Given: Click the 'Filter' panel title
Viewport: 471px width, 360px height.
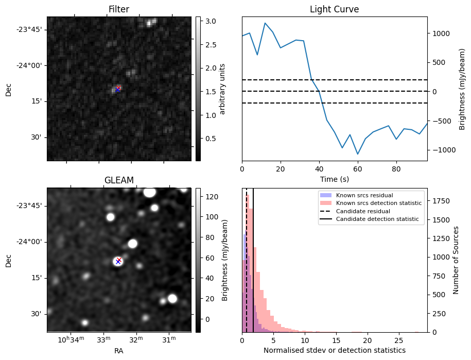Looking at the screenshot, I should pos(119,9).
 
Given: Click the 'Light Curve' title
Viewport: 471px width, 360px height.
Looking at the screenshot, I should pos(334,9).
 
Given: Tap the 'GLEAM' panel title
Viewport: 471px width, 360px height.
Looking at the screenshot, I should pos(119,180).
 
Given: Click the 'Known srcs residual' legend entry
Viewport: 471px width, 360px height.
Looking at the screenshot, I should pos(364,195).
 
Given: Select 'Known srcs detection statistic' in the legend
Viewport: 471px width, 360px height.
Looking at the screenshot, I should pos(378,203).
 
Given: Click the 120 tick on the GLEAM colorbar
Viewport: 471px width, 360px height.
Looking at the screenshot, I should pos(211,197).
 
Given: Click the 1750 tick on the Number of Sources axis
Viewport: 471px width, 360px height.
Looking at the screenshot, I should pos(442,201).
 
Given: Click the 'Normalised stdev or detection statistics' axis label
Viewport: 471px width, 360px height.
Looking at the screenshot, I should pos(334,350).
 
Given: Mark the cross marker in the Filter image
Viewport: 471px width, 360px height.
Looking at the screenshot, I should pos(118,89).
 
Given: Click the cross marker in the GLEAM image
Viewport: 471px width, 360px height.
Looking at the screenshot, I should pos(118,261).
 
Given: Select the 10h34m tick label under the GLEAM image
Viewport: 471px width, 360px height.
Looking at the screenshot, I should pos(71,339).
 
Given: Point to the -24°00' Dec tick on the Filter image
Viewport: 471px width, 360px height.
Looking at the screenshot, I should pos(29,65).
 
